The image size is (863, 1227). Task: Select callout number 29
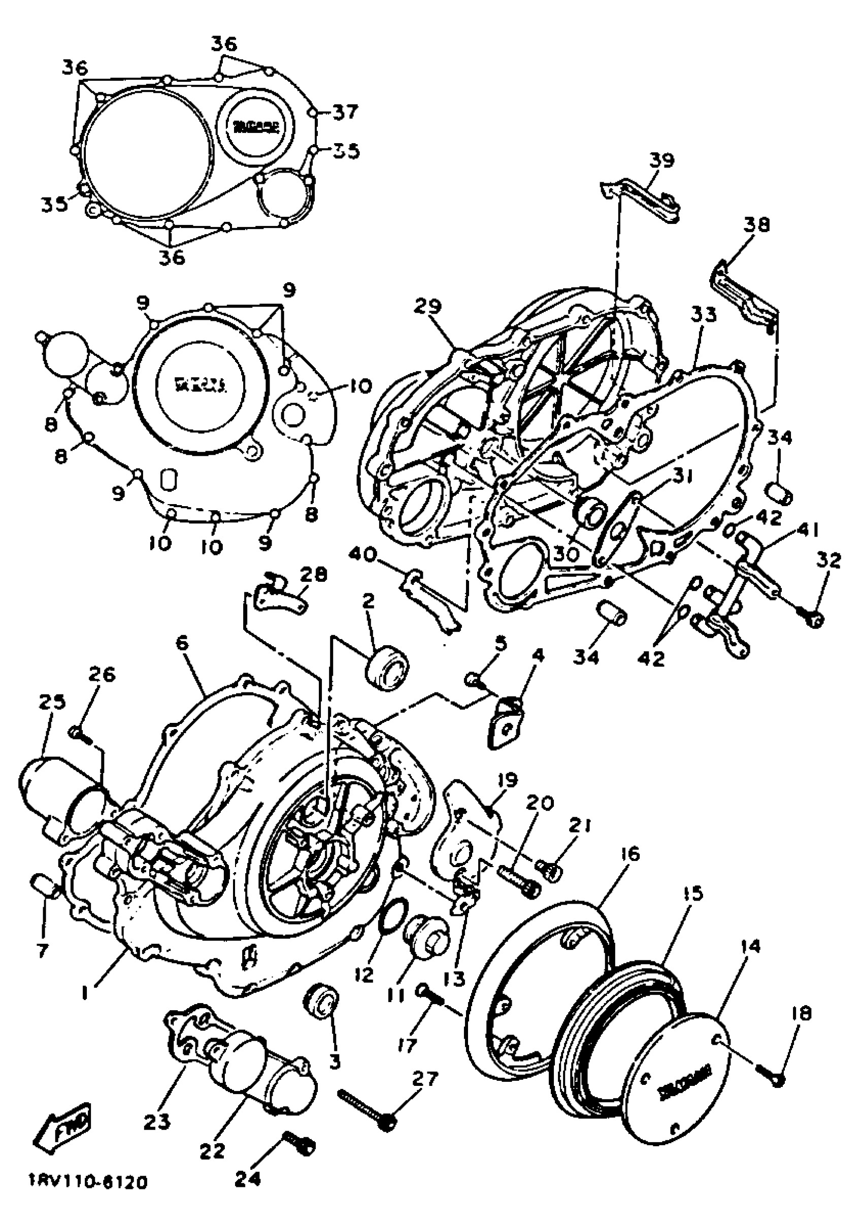[x=428, y=306]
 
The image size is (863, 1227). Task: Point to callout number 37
[x=345, y=112]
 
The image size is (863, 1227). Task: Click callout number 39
[x=662, y=160]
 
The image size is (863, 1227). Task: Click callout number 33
[x=703, y=316]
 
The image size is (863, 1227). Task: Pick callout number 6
[x=182, y=643]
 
